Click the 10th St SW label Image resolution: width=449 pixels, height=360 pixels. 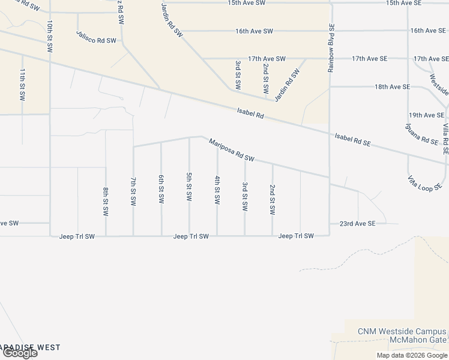tap(50, 33)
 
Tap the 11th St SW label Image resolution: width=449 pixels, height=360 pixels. tap(22, 83)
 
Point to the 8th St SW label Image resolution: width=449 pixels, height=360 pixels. tap(106, 202)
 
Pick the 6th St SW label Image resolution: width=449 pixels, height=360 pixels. tap(161, 189)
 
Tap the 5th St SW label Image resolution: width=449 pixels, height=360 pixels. tap(189, 187)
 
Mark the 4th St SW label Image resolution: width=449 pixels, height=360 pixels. tap(217, 189)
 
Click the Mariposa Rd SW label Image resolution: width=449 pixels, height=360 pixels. tap(232, 151)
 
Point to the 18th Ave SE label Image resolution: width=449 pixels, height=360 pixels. tap(392, 87)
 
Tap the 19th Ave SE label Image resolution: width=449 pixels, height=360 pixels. tap(426, 115)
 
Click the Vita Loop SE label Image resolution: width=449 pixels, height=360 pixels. tap(424, 183)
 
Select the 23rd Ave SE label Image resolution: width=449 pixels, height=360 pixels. tap(357, 223)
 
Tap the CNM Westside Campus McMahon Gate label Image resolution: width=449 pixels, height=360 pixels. tap(402, 336)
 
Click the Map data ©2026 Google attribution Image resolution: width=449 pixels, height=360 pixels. tap(412, 355)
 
